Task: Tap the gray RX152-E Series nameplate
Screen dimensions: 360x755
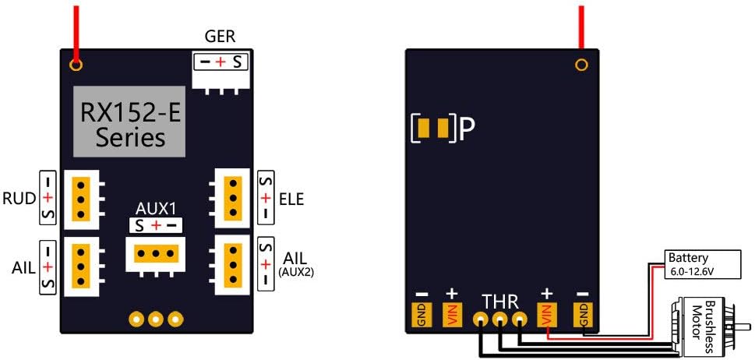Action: pyautogui.click(x=129, y=121)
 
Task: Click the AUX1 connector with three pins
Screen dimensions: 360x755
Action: pyautogui.click(x=156, y=254)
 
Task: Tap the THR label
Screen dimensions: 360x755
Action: pyautogui.click(x=499, y=301)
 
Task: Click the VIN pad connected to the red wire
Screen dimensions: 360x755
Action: pyautogui.click(x=546, y=314)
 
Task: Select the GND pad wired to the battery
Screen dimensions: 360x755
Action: pyautogui.click(x=582, y=314)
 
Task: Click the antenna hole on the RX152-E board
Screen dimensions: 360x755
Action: pyautogui.click(x=76, y=63)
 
